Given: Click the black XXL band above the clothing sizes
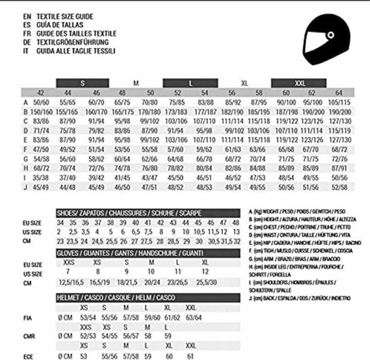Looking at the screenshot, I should click(x=299, y=83).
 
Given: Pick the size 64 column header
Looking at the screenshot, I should click(x=338, y=93).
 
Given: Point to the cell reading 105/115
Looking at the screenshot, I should click(x=338, y=102).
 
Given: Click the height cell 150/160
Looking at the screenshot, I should click(x=41, y=111).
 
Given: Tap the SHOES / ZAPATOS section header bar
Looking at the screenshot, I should click(x=148, y=213).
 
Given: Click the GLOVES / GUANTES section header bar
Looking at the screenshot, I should click(x=148, y=253).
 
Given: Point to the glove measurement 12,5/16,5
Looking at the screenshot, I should click(x=71, y=282).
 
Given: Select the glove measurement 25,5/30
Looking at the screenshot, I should click(x=206, y=282).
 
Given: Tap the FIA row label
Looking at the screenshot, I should click(x=28, y=318).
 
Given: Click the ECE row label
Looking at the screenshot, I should click(x=28, y=356).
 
